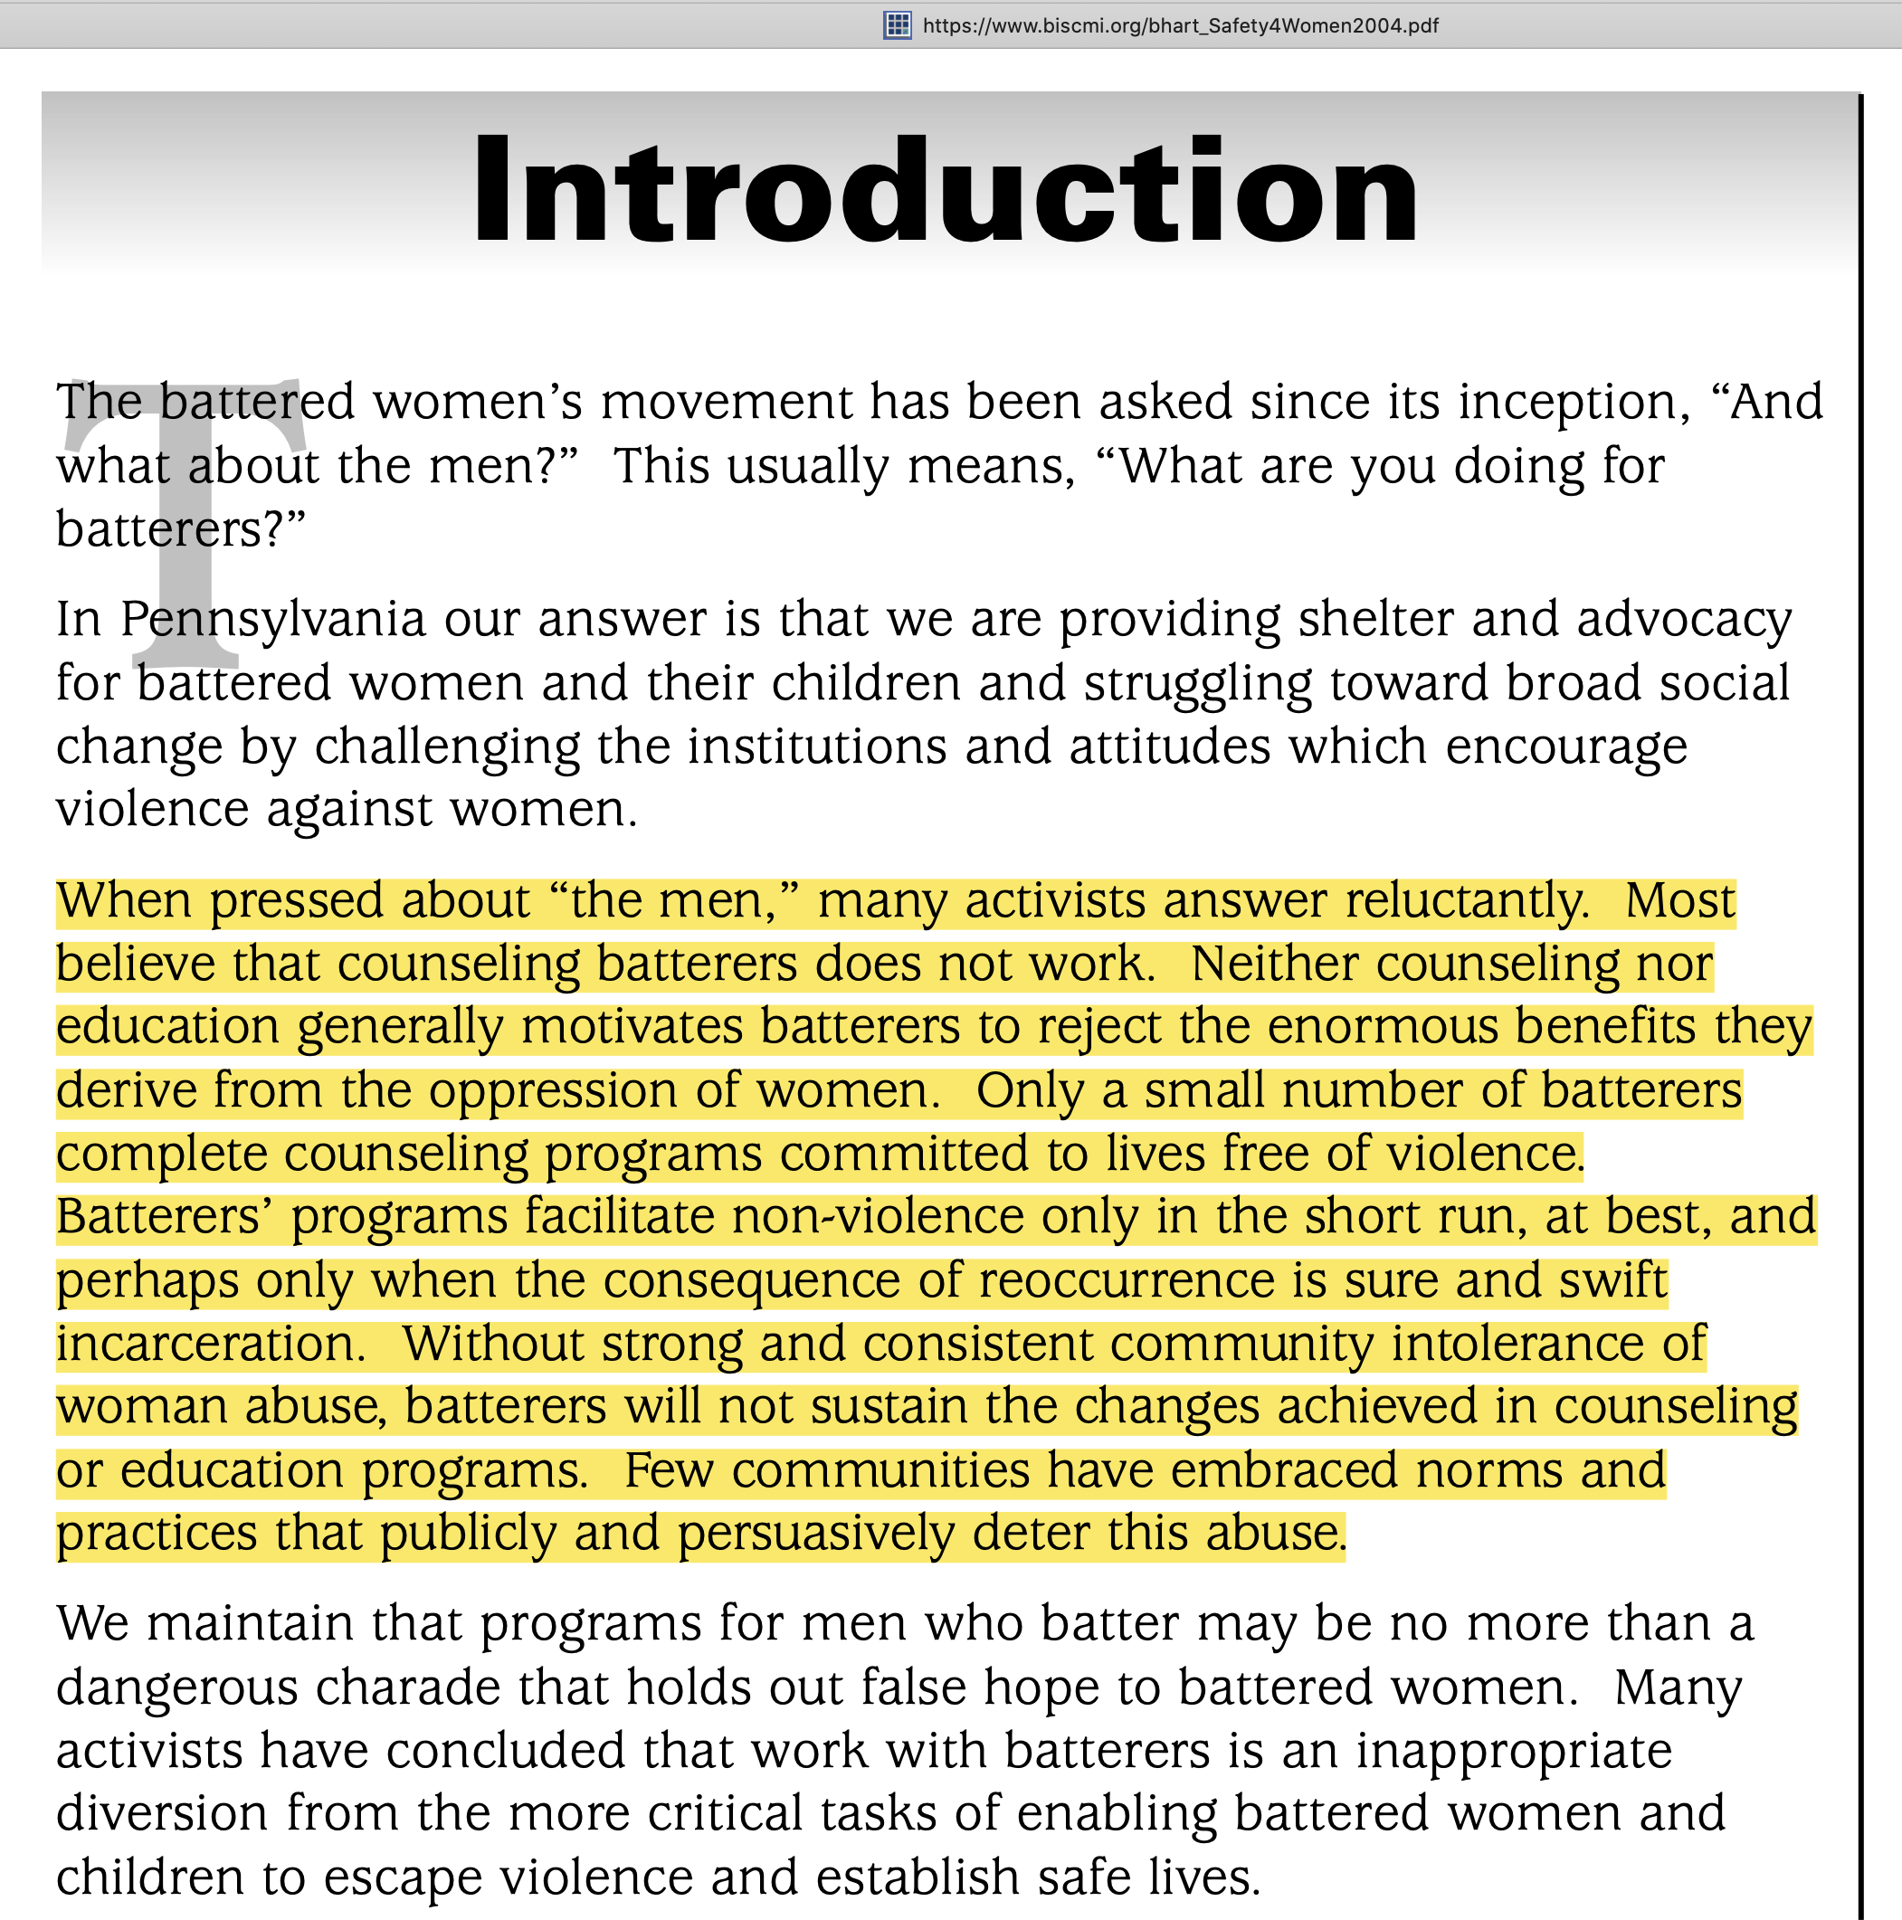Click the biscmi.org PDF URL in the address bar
pyautogui.click(x=1180, y=26)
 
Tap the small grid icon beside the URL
pyautogui.click(x=897, y=26)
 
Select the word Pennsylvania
pyautogui.click(x=273, y=620)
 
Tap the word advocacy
pyautogui.click(x=1683, y=620)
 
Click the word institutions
pyautogui.click(x=817, y=746)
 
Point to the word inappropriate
pyautogui.click(x=1515, y=1751)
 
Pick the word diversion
pyautogui.click(x=162, y=1815)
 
